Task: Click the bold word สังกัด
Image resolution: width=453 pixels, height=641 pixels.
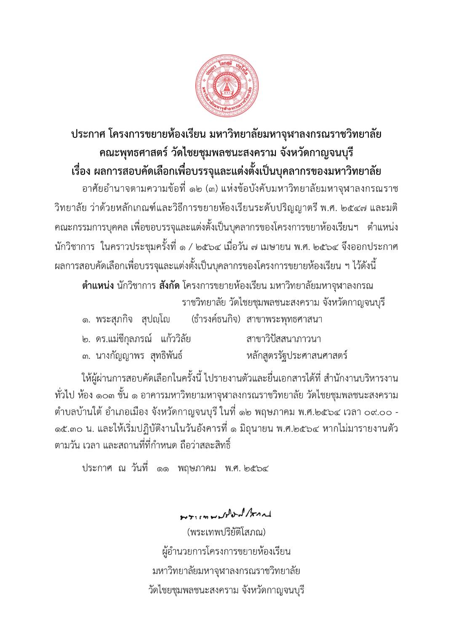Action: (x=170, y=286)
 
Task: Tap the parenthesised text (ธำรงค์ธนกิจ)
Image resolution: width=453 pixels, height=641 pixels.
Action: (x=216, y=319)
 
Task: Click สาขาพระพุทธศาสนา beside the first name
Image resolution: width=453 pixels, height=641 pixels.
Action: (x=285, y=319)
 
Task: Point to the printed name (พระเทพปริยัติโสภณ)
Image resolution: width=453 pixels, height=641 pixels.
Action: (x=226, y=532)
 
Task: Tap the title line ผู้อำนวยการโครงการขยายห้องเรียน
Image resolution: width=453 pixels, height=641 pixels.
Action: (x=226, y=551)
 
